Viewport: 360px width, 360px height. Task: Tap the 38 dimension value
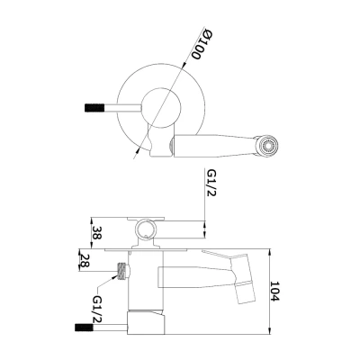(x=97, y=232)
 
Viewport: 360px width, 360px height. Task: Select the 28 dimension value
(x=85, y=260)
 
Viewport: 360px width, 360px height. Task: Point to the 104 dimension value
(x=274, y=291)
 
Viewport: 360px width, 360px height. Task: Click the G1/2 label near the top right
(x=211, y=183)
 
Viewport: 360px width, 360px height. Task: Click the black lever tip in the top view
(x=94, y=107)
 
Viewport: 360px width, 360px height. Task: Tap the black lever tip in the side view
(x=84, y=328)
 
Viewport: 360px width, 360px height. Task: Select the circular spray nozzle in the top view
(x=268, y=146)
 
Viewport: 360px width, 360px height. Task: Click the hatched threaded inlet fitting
(x=121, y=271)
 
